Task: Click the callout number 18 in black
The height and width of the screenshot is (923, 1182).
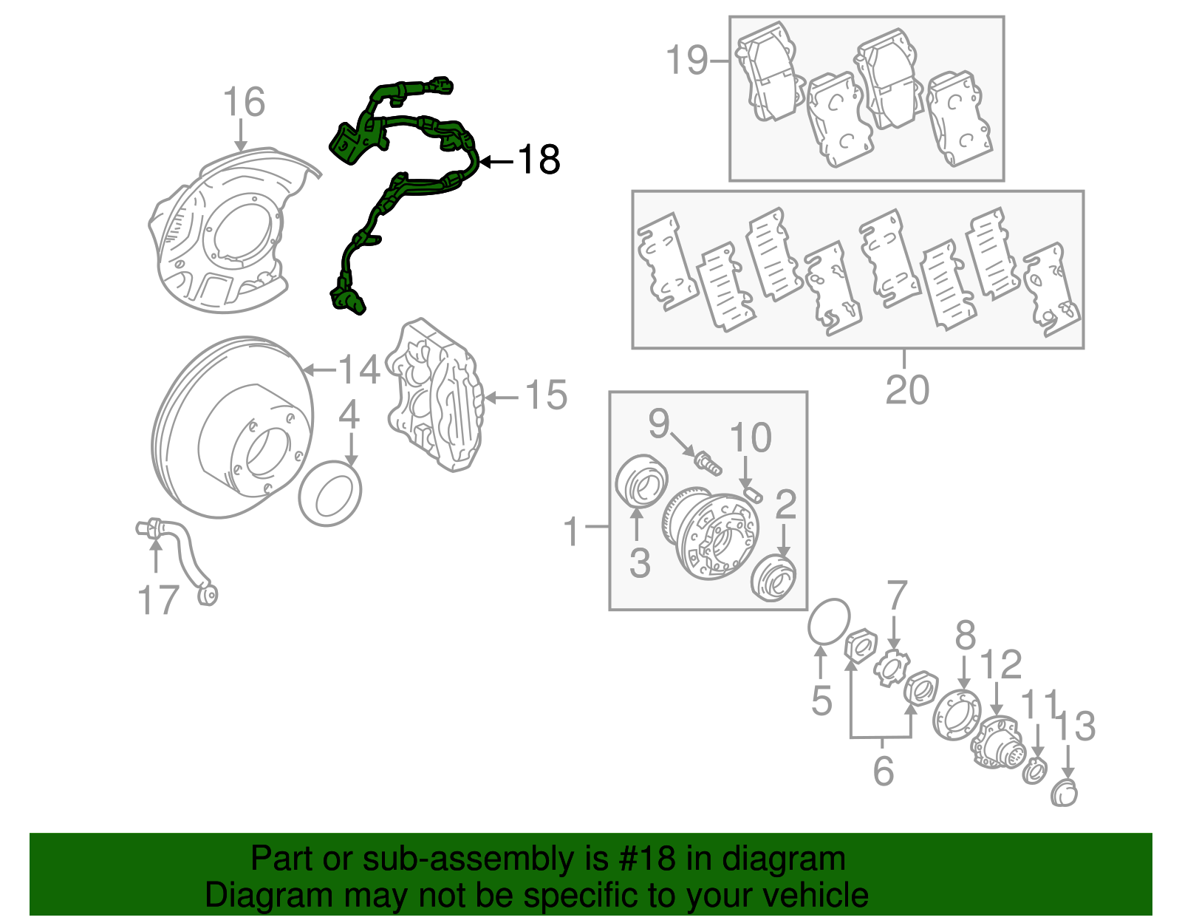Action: (x=539, y=160)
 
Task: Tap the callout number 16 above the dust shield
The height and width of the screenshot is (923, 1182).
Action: (x=244, y=102)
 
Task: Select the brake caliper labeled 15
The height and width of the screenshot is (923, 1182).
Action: (x=436, y=395)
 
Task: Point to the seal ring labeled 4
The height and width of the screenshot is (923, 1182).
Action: (x=330, y=493)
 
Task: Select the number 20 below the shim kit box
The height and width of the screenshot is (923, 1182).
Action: (x=906, y=389)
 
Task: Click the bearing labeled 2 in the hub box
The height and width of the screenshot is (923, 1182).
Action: (x=773, y=578)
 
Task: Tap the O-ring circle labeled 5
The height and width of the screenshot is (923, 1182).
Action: (x=828, y=621)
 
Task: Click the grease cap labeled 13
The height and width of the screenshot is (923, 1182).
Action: (x=1065, y=792)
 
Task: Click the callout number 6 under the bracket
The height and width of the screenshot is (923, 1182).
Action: (x=883, y=771)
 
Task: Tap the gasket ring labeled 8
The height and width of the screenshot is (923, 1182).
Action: (x=957, y=715)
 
